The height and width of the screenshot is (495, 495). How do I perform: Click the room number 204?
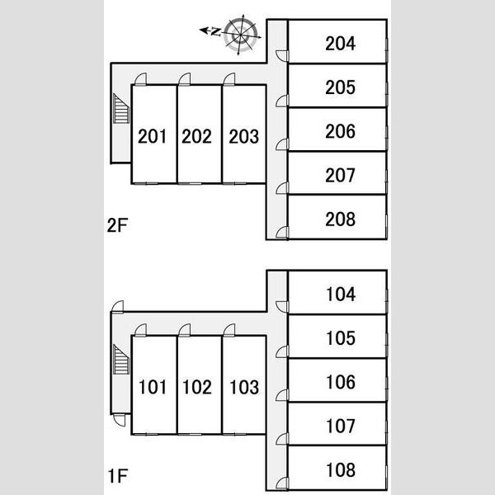[340, 44]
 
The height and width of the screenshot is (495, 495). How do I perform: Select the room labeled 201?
[152, 136]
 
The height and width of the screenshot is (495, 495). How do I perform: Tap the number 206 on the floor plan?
[340, 131]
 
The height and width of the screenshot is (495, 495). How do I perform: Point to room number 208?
[340, 219]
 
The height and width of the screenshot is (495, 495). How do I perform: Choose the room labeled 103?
[244, 387]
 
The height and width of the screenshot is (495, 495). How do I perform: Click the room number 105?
[341, 338]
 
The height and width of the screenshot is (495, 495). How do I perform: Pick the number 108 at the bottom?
[341, 470]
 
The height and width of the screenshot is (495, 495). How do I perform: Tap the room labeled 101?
[152, 387]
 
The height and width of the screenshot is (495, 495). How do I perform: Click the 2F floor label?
[117, 225]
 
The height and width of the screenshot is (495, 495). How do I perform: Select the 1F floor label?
[118, 476]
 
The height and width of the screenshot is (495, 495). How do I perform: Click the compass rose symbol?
[241, 35]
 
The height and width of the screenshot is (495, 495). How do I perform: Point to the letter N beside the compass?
[215, 31]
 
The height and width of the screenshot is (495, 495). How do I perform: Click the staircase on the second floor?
[121, 109]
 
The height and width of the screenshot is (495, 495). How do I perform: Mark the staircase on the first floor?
[121, 359]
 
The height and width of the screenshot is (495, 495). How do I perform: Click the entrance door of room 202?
[185, 79]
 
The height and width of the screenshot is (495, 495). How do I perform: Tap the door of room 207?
[282, 188]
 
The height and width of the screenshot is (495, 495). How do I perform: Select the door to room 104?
[282, 307]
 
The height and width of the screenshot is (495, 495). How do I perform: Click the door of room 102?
[185, 330]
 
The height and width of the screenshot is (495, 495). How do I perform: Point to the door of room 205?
[282, 101]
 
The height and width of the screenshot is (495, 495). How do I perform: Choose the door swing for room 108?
[282, 483]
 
